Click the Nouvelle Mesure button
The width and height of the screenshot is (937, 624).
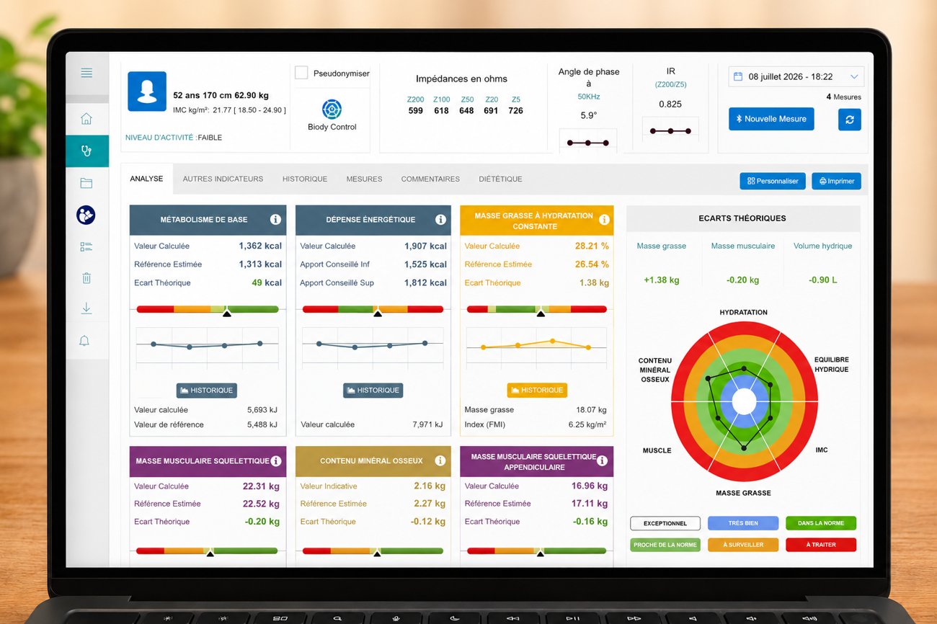tap(771, 119)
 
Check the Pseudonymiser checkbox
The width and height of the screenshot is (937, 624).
tap(301, 73)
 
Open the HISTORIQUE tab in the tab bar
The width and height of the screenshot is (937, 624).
tap(304, 179)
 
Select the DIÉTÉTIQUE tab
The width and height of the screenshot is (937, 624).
tap(500, 179)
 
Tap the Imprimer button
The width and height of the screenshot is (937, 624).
tap(836, 181)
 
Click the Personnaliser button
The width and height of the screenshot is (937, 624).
tap(772, 181)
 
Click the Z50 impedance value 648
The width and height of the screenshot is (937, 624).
tap(466, 111)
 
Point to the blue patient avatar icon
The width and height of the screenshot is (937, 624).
tap(147, 92)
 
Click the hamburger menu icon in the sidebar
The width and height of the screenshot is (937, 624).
tap(86, 73)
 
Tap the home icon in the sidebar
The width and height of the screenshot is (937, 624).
tap(86, 119)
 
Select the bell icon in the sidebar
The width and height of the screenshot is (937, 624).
tap(84, 341)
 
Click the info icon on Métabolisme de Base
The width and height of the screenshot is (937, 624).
tap(275, 219)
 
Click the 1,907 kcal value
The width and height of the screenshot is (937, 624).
tap(425, 246)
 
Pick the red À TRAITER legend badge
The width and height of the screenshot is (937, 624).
tap(821, 545)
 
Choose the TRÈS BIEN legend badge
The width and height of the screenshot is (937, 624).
tap(743, 523)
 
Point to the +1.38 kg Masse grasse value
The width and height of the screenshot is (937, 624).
tap(662, 280)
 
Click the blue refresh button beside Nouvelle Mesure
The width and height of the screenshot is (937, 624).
tap(850, 120)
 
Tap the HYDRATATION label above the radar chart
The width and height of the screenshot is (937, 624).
tap(743, 313)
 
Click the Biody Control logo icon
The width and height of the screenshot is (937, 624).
tap(332, 109)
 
